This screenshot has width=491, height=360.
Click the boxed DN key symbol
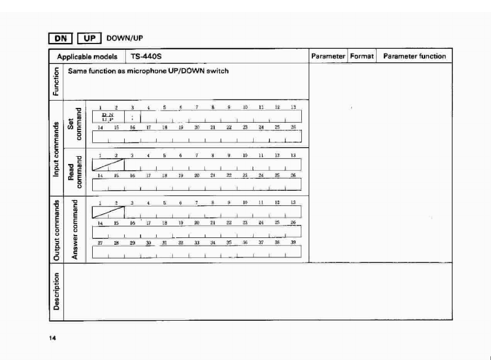60,38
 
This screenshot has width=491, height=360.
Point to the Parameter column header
328,56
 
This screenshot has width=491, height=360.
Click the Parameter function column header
414,56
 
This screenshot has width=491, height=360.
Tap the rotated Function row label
55,82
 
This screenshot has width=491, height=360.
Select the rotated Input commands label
55,148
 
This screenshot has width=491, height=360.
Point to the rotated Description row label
55,291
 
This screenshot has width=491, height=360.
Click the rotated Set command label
74,124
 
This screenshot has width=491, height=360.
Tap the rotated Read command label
74,172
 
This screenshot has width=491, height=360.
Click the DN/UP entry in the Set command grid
108,116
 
